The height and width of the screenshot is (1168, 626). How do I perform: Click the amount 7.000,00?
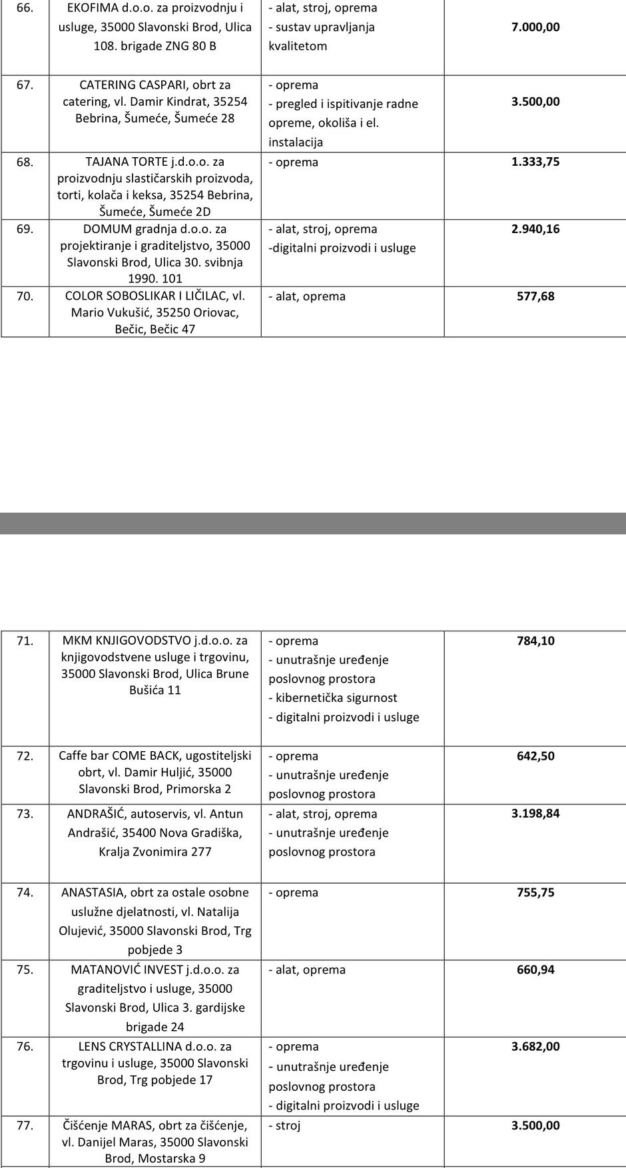coord(535,27)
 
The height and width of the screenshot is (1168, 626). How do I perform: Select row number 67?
coord(25,85)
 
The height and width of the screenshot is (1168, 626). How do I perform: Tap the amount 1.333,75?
coord(535,162)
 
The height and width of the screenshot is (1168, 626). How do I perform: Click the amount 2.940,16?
coord(535,229)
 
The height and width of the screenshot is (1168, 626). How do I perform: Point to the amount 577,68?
coord(535,296)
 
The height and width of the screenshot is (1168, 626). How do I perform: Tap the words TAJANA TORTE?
coord(127,162)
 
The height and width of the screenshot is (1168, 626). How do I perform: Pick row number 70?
coord(25,296)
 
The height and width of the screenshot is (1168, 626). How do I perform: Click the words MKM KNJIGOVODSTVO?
coord(127,641)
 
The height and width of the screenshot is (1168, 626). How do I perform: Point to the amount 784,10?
coord(535,641)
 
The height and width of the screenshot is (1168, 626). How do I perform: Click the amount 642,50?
coord(535,756)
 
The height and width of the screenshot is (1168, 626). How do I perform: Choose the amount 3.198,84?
coord(535,814)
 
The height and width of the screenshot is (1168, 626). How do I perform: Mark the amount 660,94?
coord(535,970)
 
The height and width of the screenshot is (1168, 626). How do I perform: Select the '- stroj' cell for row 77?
coord(285,1126)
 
